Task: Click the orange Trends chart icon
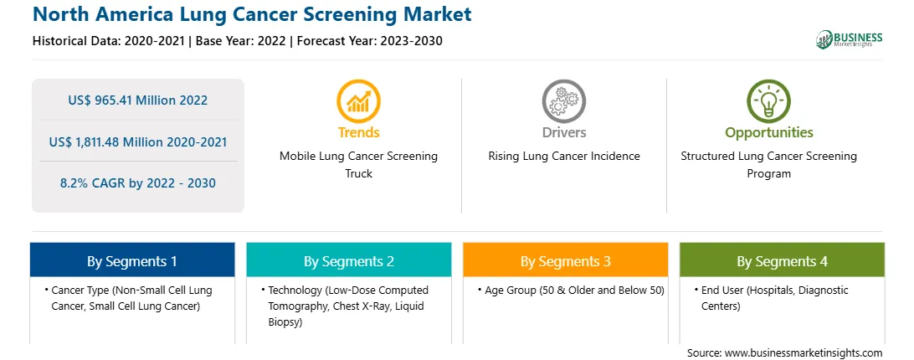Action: pos(358,101)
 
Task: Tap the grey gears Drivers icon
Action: pos(563,101)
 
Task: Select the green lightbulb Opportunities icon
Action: pos(769,101)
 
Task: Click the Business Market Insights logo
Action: pos(850,39)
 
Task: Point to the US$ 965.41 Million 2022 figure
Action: pos(137,100)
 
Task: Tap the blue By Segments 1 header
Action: pos(132,260)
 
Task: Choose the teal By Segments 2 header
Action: pos(348,260)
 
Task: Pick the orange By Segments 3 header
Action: pos(566,260)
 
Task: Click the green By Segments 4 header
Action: pos(783,260)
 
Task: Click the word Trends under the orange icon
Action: pos(358,132)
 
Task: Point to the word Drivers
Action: pos(563,132)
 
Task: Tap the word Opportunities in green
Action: pos(769,132)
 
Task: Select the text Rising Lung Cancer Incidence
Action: pos(563,156)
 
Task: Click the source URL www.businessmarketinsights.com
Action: pos(804,352)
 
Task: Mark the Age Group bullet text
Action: pos(575,290)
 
